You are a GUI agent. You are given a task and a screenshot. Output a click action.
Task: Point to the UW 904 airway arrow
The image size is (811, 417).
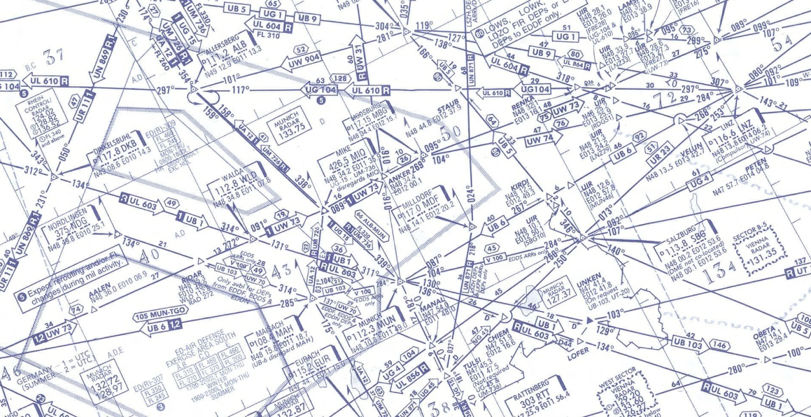tap(302, 62)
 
